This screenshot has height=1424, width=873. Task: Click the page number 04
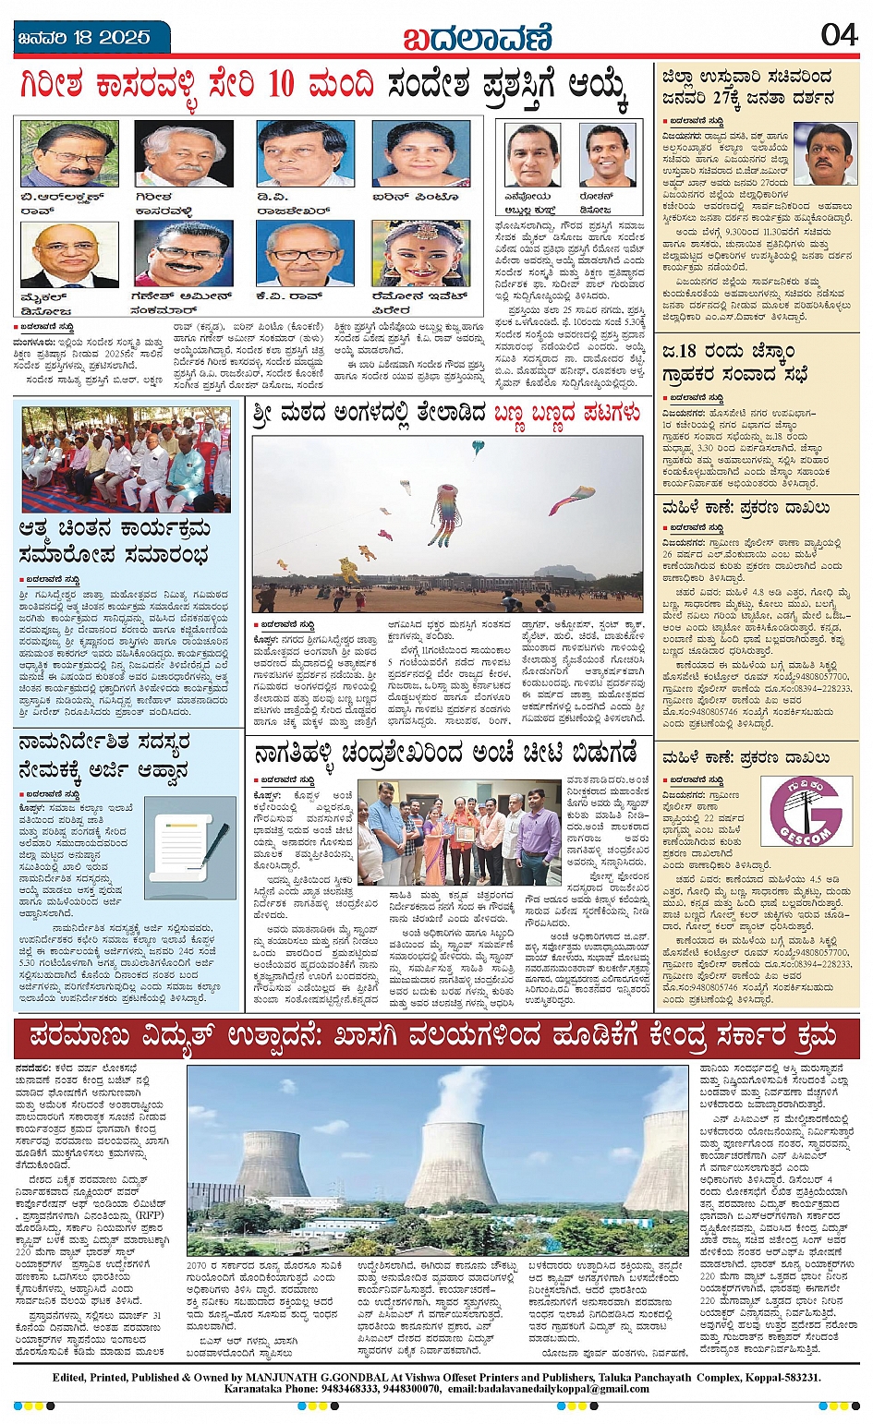point(839,35)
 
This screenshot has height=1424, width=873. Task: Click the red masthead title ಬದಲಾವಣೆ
point(477,37)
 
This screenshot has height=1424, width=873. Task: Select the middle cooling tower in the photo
point(452,1163)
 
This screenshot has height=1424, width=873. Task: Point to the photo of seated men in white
point(127,460)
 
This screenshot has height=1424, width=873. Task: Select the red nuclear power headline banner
point(436,1038)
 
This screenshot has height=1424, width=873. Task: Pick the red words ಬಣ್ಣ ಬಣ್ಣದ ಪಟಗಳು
point(566,413)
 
